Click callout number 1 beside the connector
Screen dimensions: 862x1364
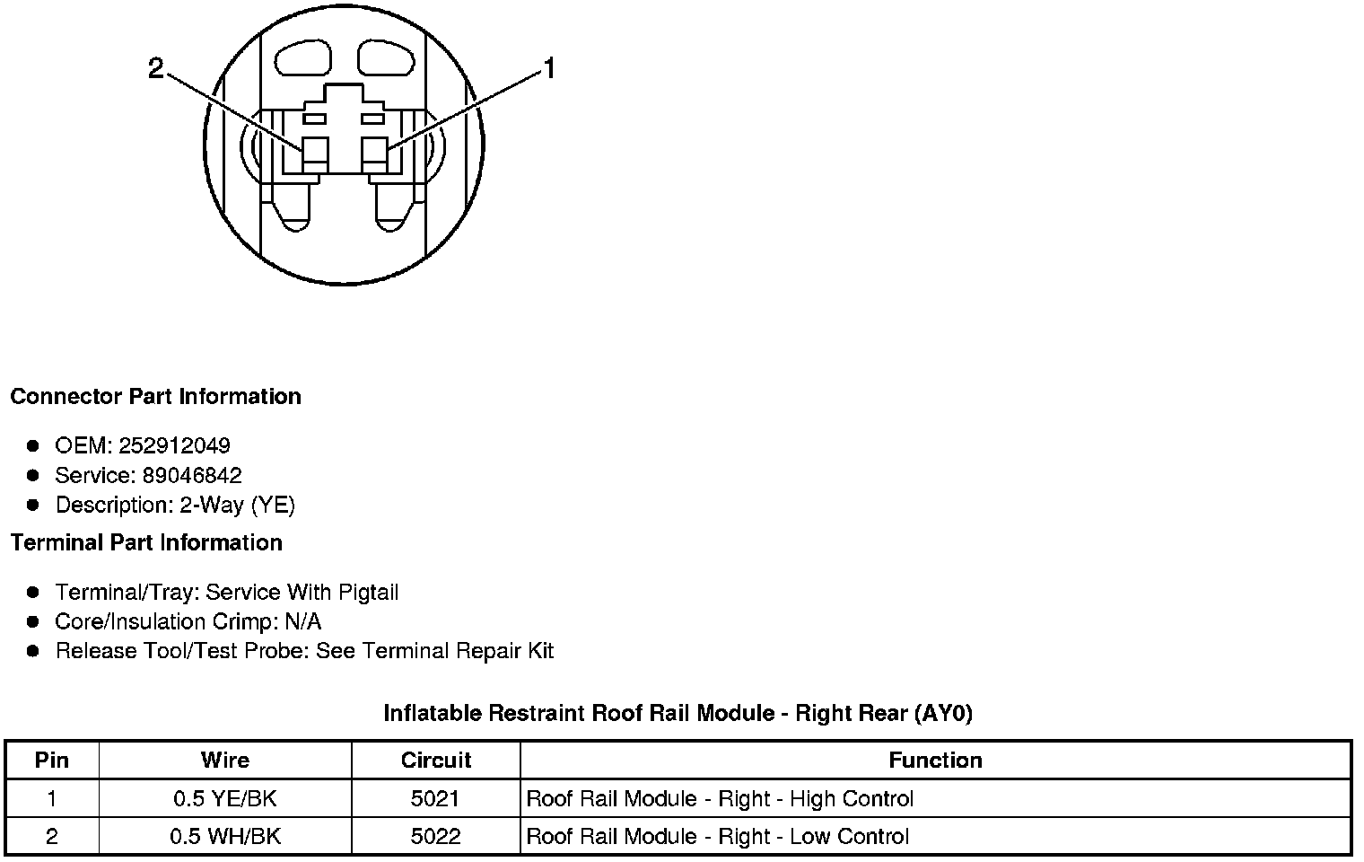[x=549, y=69]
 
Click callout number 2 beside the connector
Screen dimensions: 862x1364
[x=156, y=69]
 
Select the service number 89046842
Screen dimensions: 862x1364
[x=192, y=475]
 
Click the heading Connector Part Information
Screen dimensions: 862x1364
[x=156, y=397]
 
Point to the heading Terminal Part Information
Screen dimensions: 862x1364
[x=146, y=543]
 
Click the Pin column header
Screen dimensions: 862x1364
[x=51, y=761]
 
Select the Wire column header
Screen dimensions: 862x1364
[x=224, y=761]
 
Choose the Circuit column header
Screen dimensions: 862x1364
[x=436, y=761]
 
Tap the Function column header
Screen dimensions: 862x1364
[x=935, y=761]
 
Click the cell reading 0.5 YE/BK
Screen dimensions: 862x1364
[x=224, y=799]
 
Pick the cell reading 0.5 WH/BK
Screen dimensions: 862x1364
[x=224, y=837]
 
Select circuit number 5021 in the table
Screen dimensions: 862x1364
[x=436, y=799]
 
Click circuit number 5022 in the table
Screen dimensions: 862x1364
[x=436, y=837]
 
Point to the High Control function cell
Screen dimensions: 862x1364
[x=720, y=799]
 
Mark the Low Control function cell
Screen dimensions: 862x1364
[x=718, y=837]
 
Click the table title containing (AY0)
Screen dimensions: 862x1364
[x=678, y=714]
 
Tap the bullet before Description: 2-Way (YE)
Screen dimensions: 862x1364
[x=33, y=505]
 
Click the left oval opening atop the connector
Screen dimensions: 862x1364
[x=303, y=60]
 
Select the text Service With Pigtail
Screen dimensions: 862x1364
[x=302, y=593]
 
